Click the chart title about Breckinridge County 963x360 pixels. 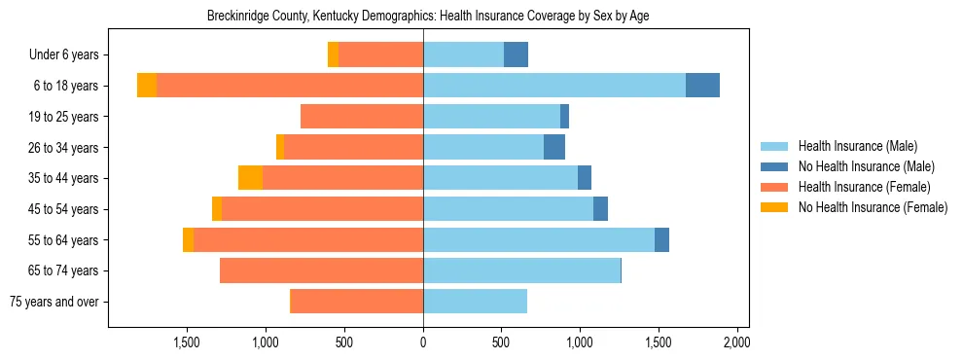pyautogui.click(x=428, y=17)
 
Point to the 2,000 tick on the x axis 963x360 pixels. pyautogui.click(x=736, y=342)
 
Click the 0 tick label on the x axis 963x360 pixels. pyautogui.click(x=423, y=342)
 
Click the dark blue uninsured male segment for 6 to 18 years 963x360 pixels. pyautogui.click(x=702, y=86)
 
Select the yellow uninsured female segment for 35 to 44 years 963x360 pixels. pyautogui.click(x=250, y=178)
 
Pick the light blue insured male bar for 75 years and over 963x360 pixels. pyautogui.click(x=475, y=302)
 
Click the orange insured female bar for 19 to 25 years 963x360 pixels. pyautogui.click(x=362, y=117)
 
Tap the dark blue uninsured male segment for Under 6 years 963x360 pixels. pyautogui.click(x=516, y=55)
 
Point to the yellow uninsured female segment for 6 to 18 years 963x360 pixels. pyautogui.click(x=147, y=86)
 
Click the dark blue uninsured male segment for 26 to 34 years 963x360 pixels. pyautogui.click(x=554, y=147)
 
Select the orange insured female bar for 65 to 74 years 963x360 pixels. pyautogui.click(x=321, y=270)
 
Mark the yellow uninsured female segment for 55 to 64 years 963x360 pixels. pyautogui.click(x=188, y=239)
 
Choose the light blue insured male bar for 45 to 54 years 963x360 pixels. pyautogui.click(x=508, y=209)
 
